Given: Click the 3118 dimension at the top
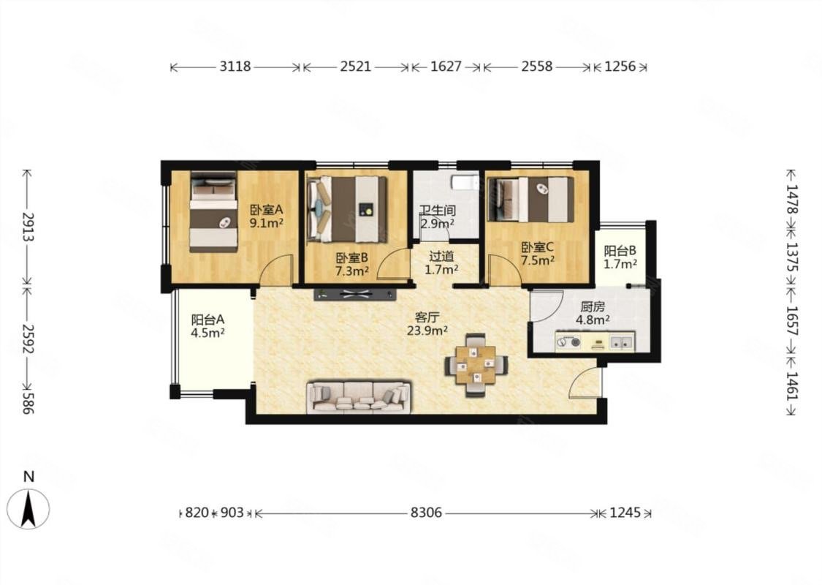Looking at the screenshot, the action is [x=235, y=67].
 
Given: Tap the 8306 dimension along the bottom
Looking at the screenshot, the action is [x=426, y=513].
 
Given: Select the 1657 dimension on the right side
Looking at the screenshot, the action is [x=791, y=322].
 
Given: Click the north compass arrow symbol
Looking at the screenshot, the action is [x=28, y=507].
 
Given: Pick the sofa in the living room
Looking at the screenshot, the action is [x=359, y=396].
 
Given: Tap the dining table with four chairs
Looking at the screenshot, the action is [x=476, y=365].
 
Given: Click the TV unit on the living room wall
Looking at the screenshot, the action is [x=355, y=294].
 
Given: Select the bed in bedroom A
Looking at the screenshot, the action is [x=213, y=211].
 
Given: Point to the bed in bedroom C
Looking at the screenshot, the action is [x=530, y=200].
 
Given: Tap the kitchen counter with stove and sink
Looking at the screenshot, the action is [x=595, y=341].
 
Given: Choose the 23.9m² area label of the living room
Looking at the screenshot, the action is [x=427, y=331].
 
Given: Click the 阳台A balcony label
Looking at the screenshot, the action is [x=208, y=319].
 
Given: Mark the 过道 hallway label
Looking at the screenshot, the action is [x=441, y=257].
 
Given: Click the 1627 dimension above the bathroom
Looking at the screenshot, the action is [x=446, y=67].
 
